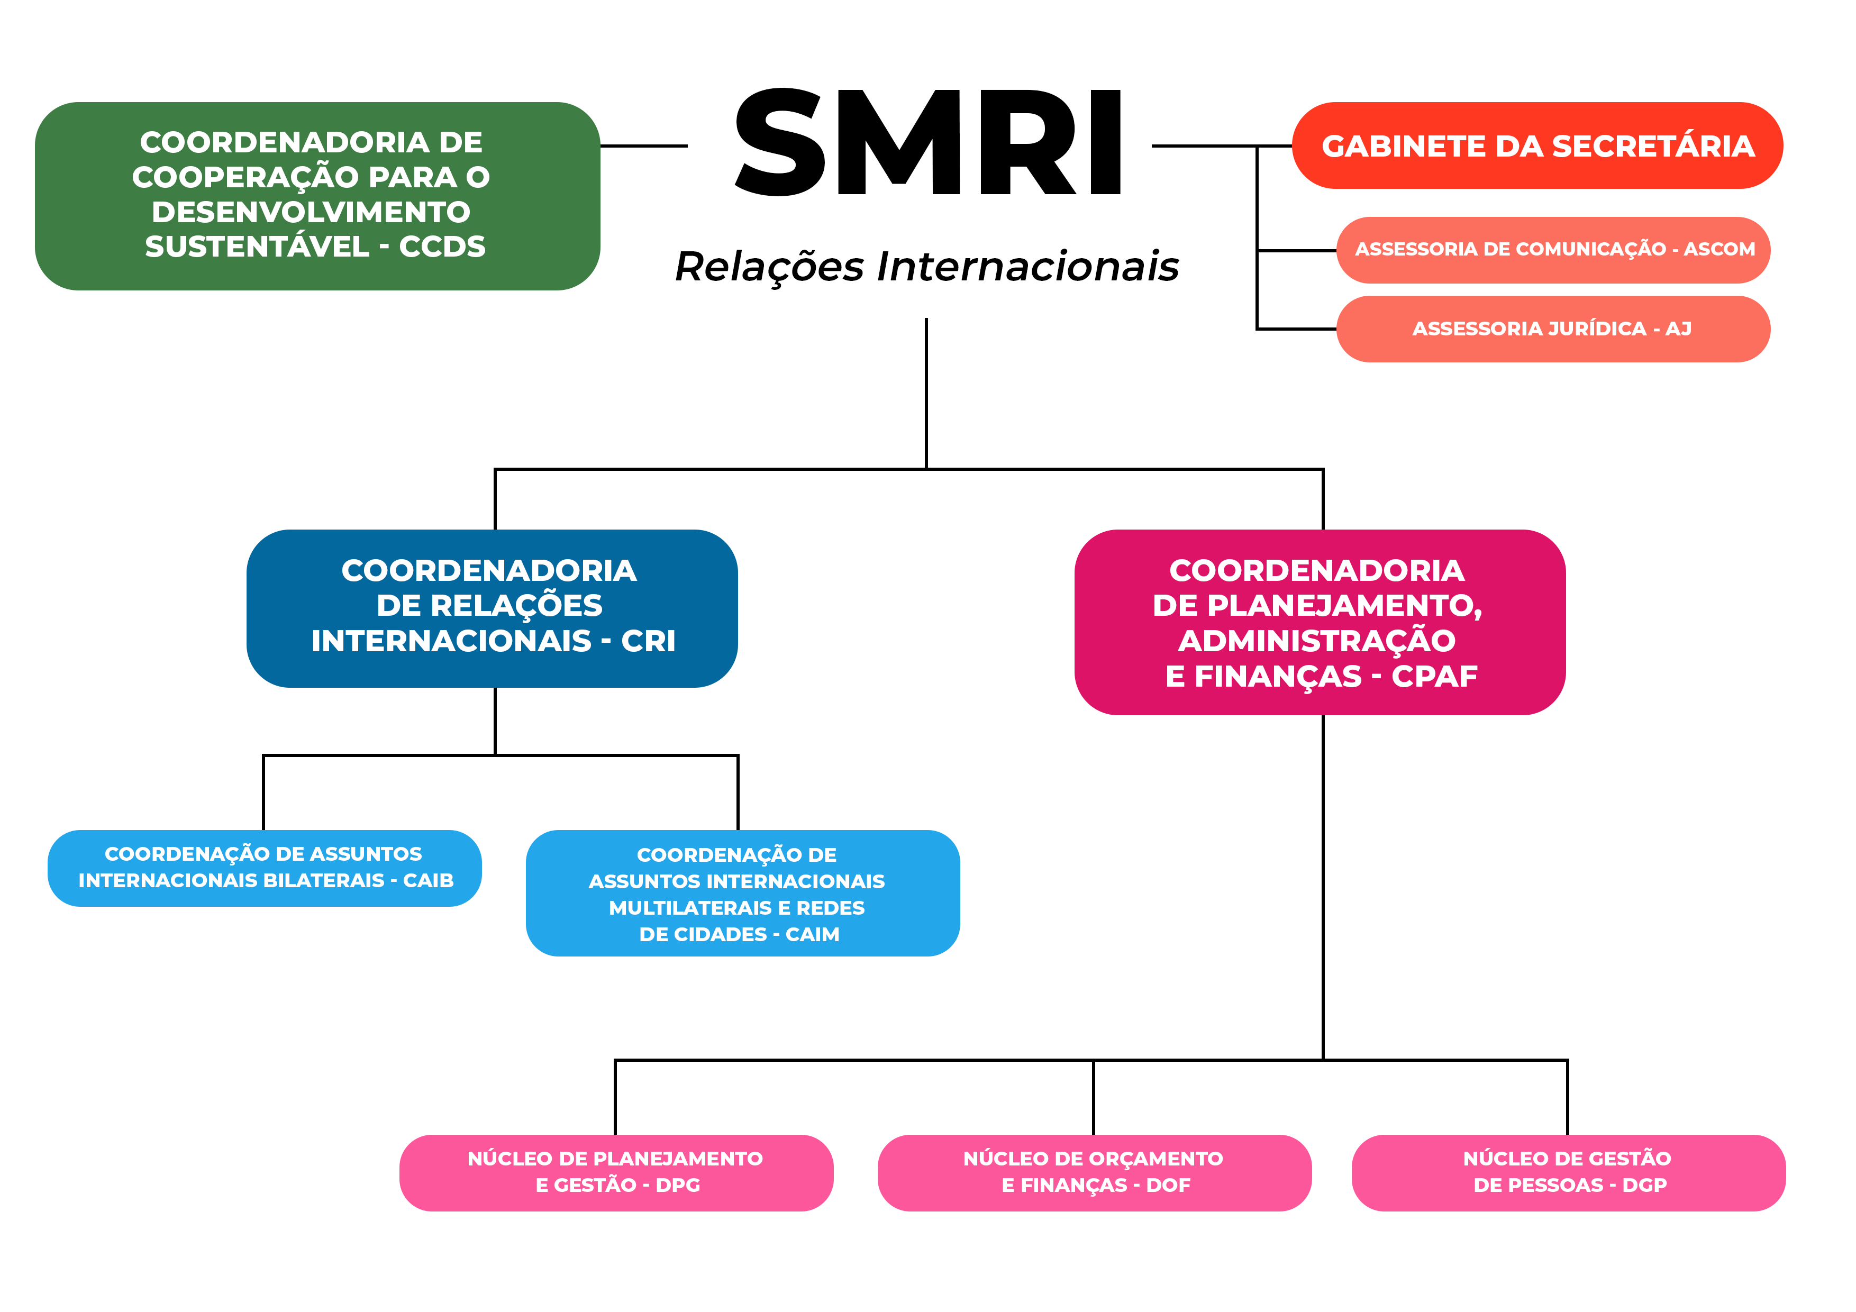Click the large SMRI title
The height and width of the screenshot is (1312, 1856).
coord(928,142)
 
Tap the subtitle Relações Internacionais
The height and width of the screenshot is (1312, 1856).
coord(926,267)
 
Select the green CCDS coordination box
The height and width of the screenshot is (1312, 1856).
coord(317,196)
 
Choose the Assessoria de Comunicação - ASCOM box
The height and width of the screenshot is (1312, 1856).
coord(1553,250)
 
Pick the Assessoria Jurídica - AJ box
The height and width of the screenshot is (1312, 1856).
coord(1553,329)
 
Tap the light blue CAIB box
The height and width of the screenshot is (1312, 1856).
coord(265,868)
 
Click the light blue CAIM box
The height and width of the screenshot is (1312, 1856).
coord(743,893)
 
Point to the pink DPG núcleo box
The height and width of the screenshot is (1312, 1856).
coord(616,1173)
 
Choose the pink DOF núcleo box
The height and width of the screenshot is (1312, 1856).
coord(1095,1173)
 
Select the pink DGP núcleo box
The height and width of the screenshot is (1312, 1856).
coord(1568,1173)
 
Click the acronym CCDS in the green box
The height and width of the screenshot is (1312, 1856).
coord(442,247)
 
